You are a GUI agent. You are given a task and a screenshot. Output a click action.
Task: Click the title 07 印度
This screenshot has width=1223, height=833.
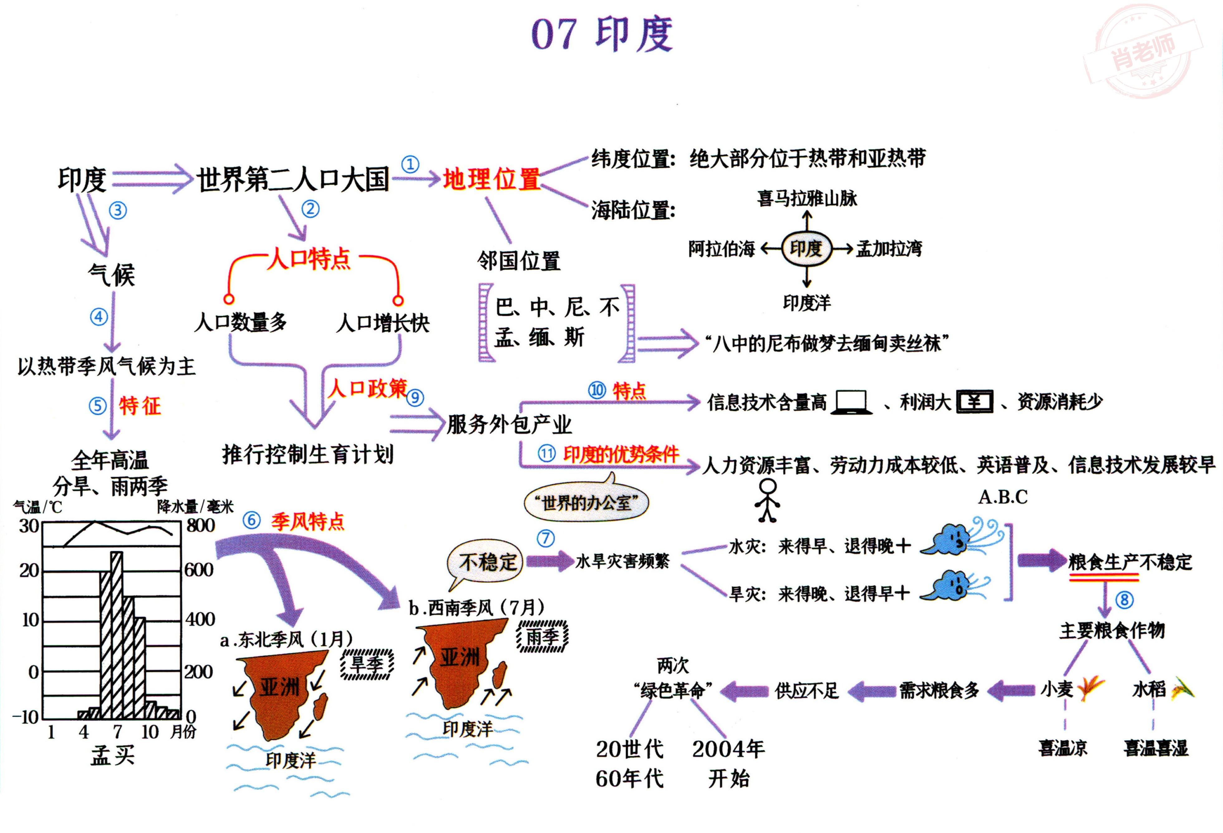tap(602, 34)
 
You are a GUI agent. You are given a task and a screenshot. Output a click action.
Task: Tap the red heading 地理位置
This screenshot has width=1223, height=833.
tap(491, 179)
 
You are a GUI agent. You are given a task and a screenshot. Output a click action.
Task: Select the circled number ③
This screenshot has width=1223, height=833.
tap(117, 210)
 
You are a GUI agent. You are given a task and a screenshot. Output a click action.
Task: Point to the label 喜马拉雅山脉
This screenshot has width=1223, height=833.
tap(807, 198)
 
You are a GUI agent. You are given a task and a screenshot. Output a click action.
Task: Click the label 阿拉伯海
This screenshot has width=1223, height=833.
tap(722, 248)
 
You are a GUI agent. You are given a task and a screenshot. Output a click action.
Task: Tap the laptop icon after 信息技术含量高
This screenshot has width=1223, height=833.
tap(851, 402)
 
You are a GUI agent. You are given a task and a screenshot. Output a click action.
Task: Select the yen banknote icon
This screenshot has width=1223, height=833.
tap(974, 402)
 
